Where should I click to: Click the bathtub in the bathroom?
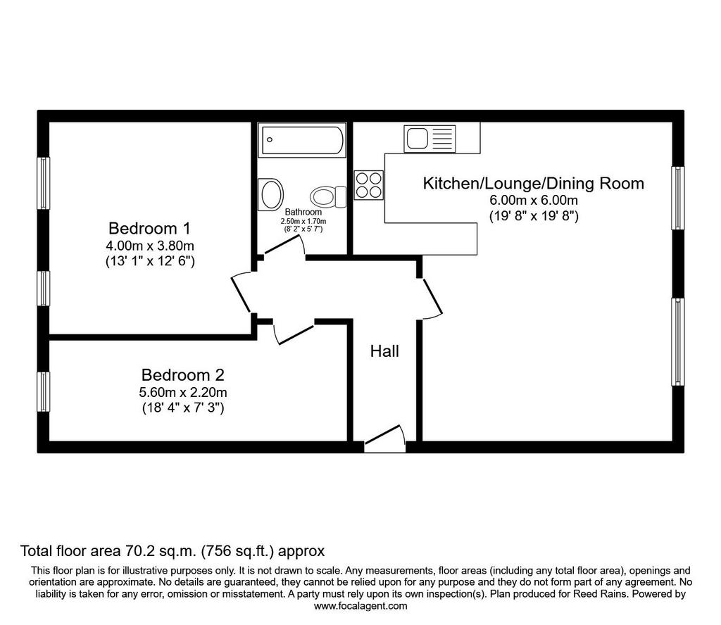pyautogui.click(x=302, y=139)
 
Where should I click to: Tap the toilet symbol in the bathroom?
pyautogui.click(x=328, y=196)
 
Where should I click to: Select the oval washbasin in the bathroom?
pyautogui.click(x=270, y=194)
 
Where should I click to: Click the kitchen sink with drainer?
pyautogui.click(x=430, y=139)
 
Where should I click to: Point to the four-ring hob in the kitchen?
pyautogui.click(x=369, y=184)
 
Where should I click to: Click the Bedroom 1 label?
pyautogui.click(x=149, y=229)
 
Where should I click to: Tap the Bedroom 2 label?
pyautogui.click(x=182, y=375)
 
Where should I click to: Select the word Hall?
pyautogui.click(x=384, y=352)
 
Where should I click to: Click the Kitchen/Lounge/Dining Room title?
pyautogui.click(x=534, y=184)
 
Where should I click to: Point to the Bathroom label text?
pyautogui.click(x=303, y=212)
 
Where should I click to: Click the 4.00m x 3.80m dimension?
pyautogui.click(x=150, y=246)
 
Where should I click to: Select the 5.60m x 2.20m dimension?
pyautogui.click(x=183, y=393)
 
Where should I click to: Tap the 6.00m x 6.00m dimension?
pyautogui.click(x=534, y=201)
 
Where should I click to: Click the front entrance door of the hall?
pyautogui.click(x=384, y=437)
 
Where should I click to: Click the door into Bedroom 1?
pyautogui.click(x=242, y=292)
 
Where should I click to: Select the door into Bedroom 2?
pyautogui.click(x=293, y=334)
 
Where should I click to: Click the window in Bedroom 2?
pyautogui.click(x=43, y=391)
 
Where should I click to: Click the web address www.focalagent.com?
pyautogui.click(x=360, y=606)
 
